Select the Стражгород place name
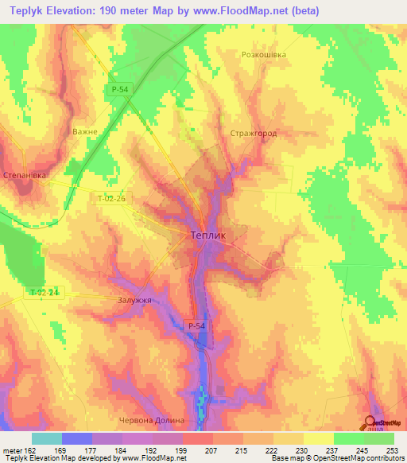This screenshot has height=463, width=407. tap(253, 133)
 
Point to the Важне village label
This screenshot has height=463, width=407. tap(84, 131)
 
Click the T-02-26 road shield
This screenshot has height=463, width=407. tap(111, 200)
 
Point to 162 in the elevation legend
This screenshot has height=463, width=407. tap(29, 449)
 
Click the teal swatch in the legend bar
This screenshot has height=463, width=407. tap(47, 438)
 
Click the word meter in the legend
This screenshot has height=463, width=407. tap(12, 449)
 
